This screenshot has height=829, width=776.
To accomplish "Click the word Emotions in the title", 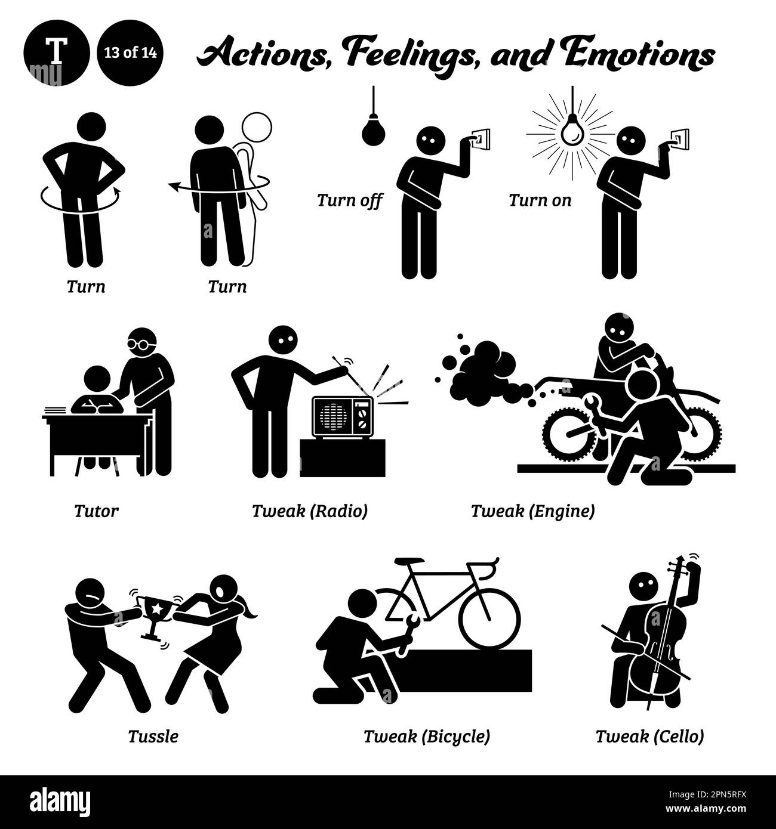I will [651, 55].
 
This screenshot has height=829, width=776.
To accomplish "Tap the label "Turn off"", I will [349, 200].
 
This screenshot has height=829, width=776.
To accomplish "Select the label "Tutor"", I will [97, 511].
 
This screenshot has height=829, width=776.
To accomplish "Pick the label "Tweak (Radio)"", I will [309, 511].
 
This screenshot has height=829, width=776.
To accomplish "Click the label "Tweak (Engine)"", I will [532, 511].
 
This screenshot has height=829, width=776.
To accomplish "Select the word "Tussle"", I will [153, 736].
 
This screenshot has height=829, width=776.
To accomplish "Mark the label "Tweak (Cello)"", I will [649, 736].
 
